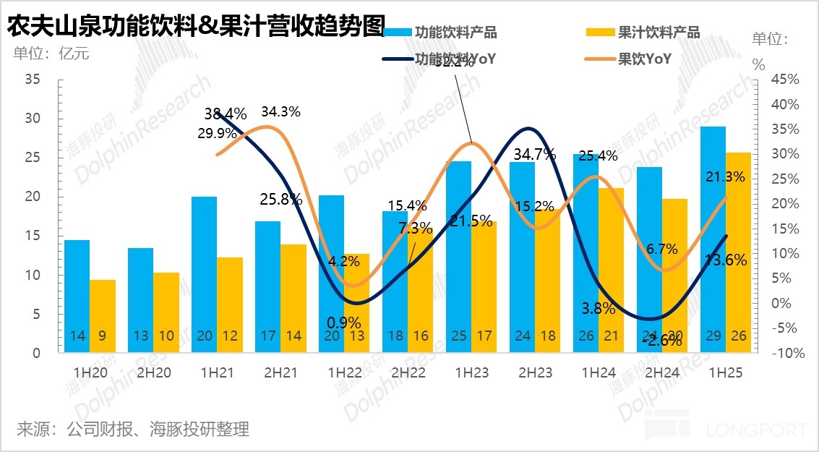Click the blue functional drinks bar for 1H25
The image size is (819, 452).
point(713,239)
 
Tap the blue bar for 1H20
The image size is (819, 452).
point(77,296)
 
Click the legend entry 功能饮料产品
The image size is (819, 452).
point(455,33)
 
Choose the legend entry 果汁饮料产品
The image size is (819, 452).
point(659,33)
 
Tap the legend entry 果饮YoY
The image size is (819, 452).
point(644,59)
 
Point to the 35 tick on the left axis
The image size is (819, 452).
point(33,80)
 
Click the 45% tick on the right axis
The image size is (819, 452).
point(785,80)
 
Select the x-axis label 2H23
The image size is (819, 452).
point(535,373)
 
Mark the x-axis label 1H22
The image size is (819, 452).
point(344,373)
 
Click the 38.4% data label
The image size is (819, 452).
point(226,114)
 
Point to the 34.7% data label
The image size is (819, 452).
point(534,153)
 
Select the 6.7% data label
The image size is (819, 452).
point(661,250)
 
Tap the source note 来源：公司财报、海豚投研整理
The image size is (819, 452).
point(133,430)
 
